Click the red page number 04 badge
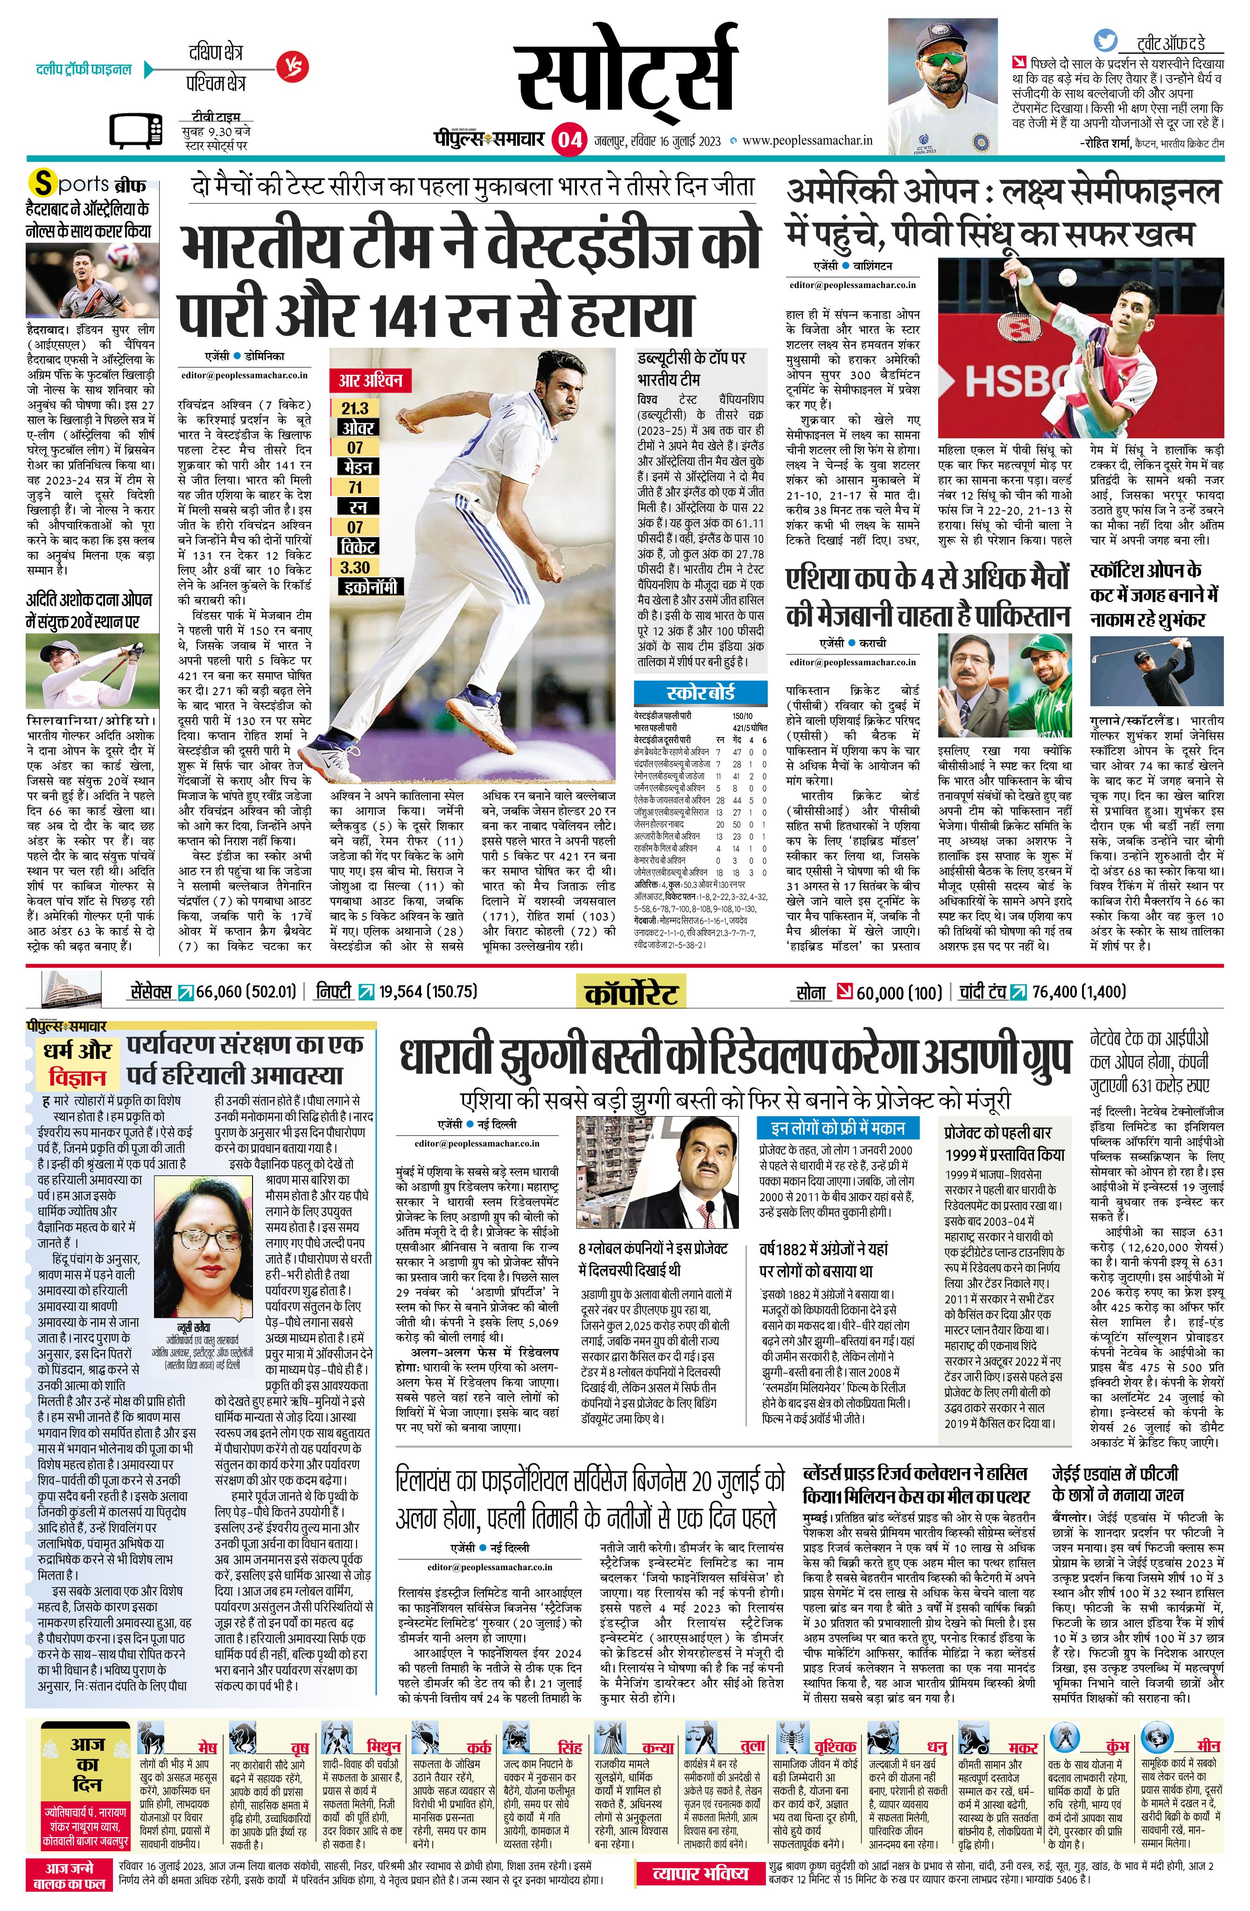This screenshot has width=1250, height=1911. click(569, 140)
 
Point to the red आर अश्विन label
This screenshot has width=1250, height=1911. click(369, 380)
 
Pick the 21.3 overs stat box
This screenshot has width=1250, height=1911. click(355, 408)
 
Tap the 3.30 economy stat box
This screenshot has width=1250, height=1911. click(355, 567)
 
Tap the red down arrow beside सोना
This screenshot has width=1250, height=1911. click(844, 991)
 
